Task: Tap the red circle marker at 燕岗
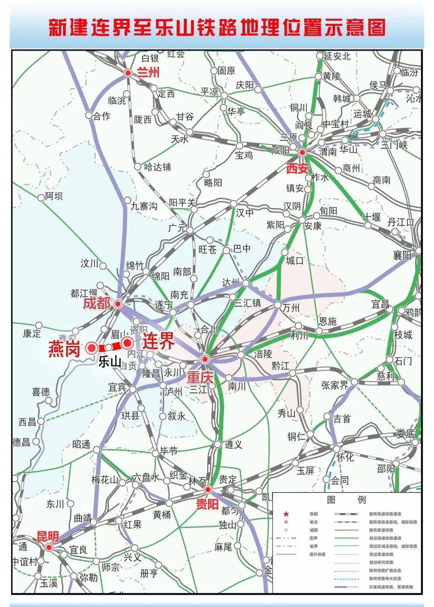coord(92,348)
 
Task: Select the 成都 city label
coord(96,303)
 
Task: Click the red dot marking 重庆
coord(205,359)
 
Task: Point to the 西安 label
coord(297,169)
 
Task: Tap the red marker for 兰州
coord(128,73)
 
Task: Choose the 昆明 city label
coord(48,537)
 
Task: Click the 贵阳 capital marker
coord(208,490)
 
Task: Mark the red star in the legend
coord(286,514)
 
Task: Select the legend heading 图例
coord(346,500)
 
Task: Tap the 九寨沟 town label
coord(144,206)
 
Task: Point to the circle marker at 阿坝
coord(41,198)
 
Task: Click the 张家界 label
coord(335,385)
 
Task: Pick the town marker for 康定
coord(39,325)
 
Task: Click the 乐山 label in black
coord(110,362)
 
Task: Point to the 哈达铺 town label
coord(158,167)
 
